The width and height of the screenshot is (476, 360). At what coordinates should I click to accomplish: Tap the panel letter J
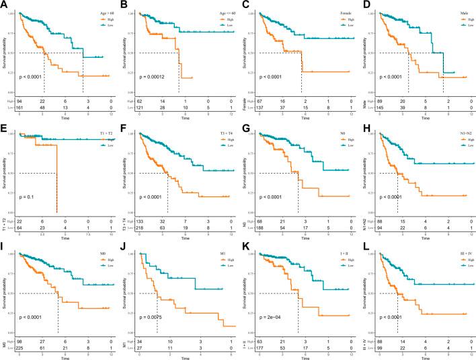pyautogui.click(x=124, y=248)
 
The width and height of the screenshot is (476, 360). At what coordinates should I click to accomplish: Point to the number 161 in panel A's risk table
pyautogui.click(x=22, y=107)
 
